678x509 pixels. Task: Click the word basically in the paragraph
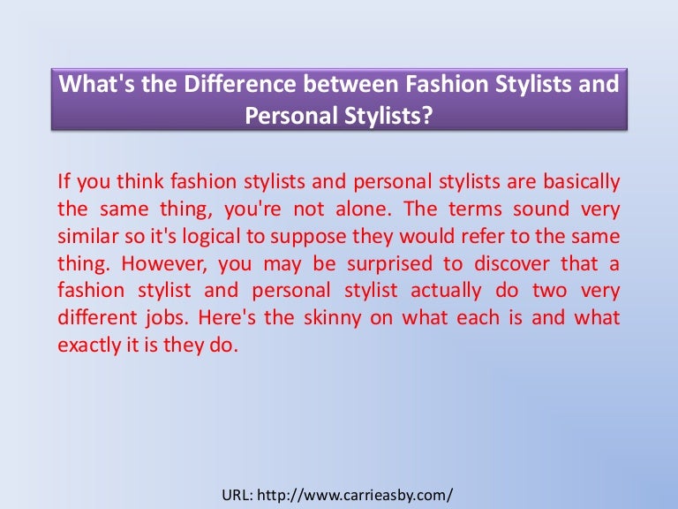tap(581, 182)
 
